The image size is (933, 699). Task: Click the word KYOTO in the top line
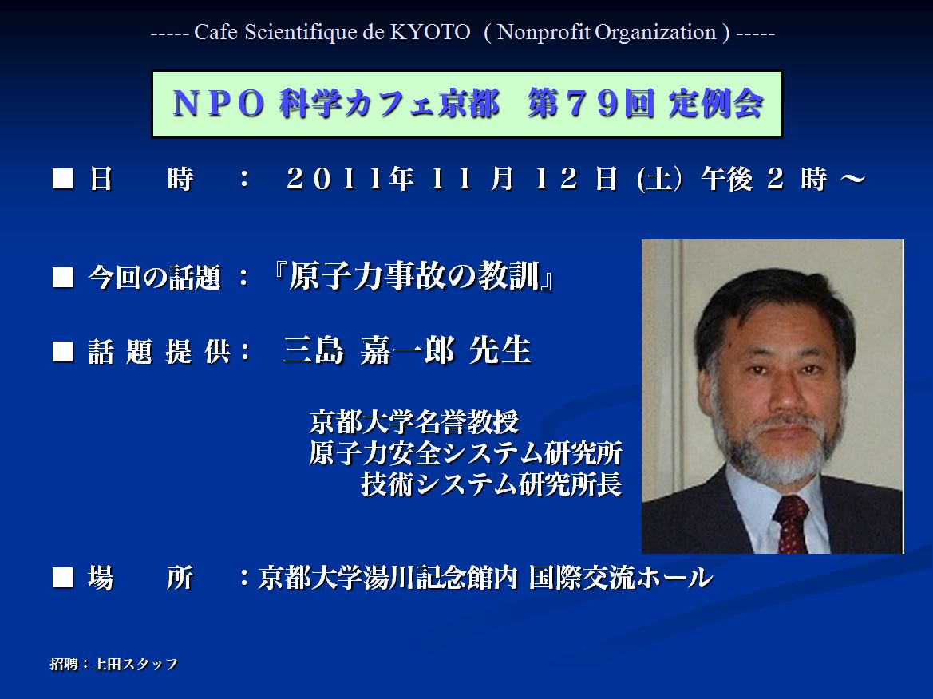click(x=429, y=32)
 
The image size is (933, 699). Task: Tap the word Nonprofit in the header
click(x=544, y=32)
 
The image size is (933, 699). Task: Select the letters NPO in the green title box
click(x=219, y=104)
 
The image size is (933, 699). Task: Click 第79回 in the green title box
click(x=591, y=104)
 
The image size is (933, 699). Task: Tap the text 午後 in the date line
click(x=726, y=179)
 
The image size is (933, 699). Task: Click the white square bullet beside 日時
click(x=62, y=179)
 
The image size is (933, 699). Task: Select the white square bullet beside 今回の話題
click(x=62, y=277)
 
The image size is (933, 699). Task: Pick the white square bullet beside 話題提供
click(x=62, y=351)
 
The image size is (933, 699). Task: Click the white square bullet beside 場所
click(x=62, y=577)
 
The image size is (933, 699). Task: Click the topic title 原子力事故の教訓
click(x=414, y=276)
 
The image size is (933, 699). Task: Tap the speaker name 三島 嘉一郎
click(x=369, y=349)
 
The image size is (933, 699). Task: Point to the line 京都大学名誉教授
click(x=414, y=422)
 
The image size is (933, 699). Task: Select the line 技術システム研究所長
click(x=492, y=484)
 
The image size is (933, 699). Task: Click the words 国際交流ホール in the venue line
click(x=621, y=577)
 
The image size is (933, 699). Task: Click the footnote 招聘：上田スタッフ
click(x=113, y=663)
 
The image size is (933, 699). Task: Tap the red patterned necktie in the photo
click(x=792, y=523)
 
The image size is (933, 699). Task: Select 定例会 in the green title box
click(x=716, y=104)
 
